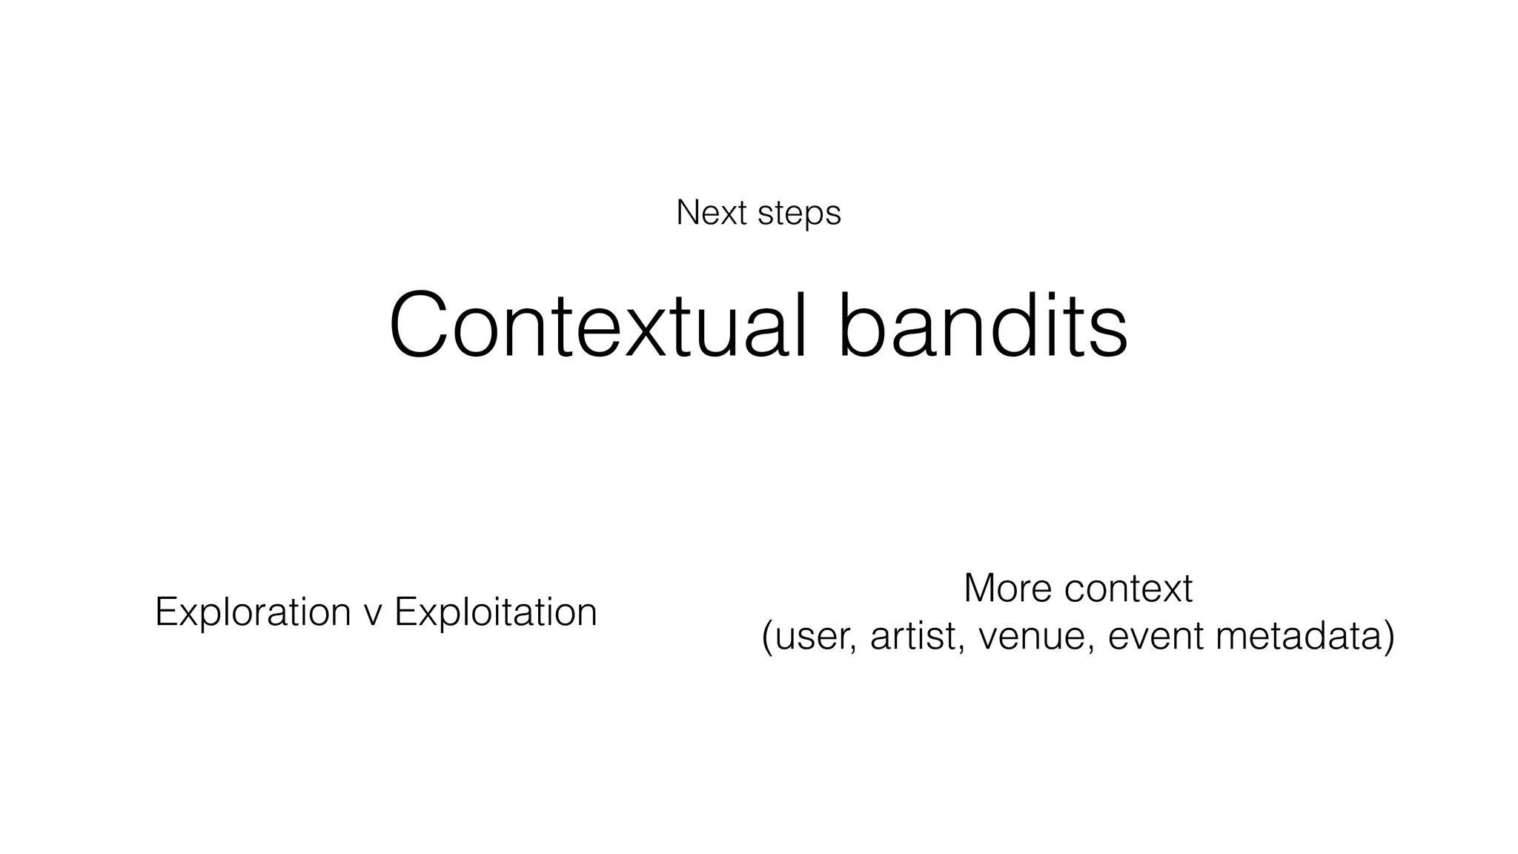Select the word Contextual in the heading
coord(597,326)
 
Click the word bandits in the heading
coord(983,326)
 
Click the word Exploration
coord(253,613)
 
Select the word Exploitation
coord(495,613)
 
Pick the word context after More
coord(1128,589)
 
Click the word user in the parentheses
coord(815,638)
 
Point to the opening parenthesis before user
coord(767,638)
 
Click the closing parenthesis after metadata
coord(1389,638)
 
